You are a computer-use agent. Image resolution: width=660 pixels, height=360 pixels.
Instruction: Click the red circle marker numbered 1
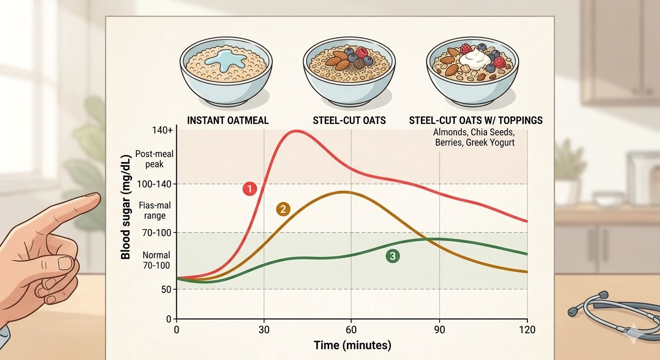click(250, 189)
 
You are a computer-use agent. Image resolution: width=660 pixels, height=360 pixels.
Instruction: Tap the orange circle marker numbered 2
click(283, 210)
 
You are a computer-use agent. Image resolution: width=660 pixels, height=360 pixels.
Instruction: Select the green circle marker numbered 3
click(392, 256)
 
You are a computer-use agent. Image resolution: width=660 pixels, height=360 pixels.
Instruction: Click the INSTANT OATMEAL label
click(228, 120)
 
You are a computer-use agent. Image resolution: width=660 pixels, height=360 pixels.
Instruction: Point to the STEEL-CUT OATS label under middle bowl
click(349, 120)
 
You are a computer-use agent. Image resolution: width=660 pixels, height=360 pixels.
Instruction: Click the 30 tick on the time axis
click(264, 330)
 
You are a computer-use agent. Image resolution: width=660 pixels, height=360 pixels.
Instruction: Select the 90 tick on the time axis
click(439, 330)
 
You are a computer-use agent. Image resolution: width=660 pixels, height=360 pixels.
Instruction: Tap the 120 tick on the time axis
click(527, 330)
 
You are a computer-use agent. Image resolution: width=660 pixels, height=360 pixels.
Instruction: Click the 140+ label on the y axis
click(161, 131)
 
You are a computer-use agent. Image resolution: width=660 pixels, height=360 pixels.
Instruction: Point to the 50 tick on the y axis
click(166, 289)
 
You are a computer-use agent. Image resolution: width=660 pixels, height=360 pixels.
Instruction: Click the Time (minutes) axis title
click(352, 346)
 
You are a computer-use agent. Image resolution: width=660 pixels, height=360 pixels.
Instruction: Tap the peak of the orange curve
click(344, 192)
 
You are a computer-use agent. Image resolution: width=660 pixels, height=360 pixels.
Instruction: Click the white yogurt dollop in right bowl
click(474, 58)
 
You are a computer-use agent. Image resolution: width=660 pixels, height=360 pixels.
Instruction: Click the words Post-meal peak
click(149, 159)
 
